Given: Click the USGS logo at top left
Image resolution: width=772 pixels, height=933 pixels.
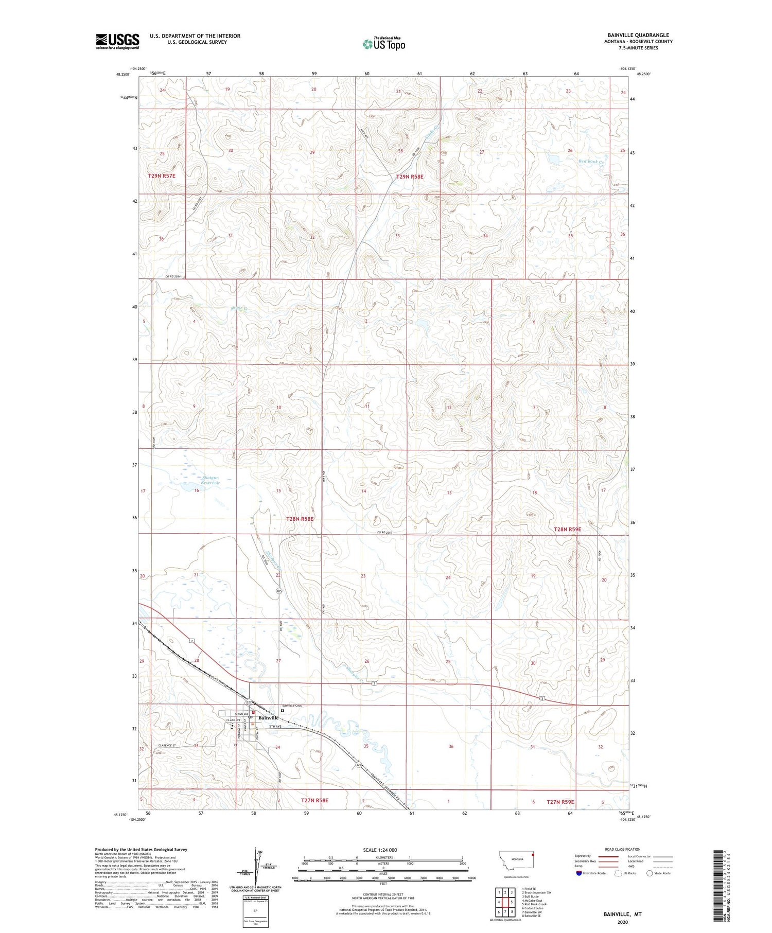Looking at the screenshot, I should pyautogui.click(x=117, y=41).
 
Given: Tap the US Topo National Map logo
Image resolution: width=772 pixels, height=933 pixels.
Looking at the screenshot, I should pyautogui.click(x=384, y=44).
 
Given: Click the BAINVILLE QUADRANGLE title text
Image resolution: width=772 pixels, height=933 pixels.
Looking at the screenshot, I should pyautogui.click(x=638, y=35).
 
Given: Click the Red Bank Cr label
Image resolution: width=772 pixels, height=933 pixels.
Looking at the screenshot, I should pyautogui.click(x=590, y=161).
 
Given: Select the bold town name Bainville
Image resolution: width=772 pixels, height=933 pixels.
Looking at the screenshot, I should pyautogui.click(x=268, y=717).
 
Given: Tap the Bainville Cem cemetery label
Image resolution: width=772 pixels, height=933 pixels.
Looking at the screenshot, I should pyautogui.click(x=292, y=706).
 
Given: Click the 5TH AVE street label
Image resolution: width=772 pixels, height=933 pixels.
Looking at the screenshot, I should pyautogui.click(x=276, y=726).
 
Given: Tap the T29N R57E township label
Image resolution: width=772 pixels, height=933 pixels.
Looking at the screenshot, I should pyautogui.click(x=162, y=176).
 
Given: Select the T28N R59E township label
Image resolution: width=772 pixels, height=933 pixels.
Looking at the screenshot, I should pyautogui.click(x=567, y=529).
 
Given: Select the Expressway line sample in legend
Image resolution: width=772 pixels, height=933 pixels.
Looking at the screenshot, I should pyautogui.click(x=607, y=856).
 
